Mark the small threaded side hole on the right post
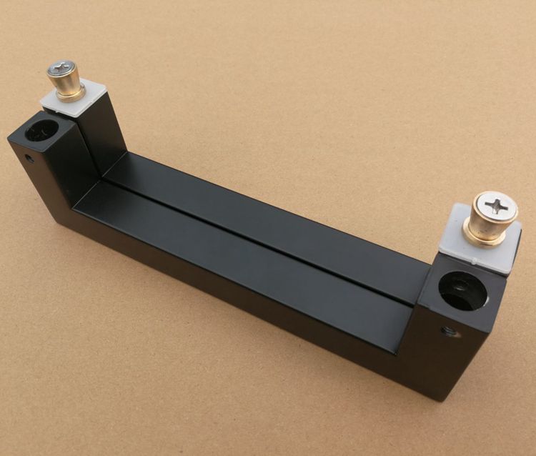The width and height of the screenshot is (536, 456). point(448,331)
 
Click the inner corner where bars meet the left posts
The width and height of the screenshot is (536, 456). point(100,179)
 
